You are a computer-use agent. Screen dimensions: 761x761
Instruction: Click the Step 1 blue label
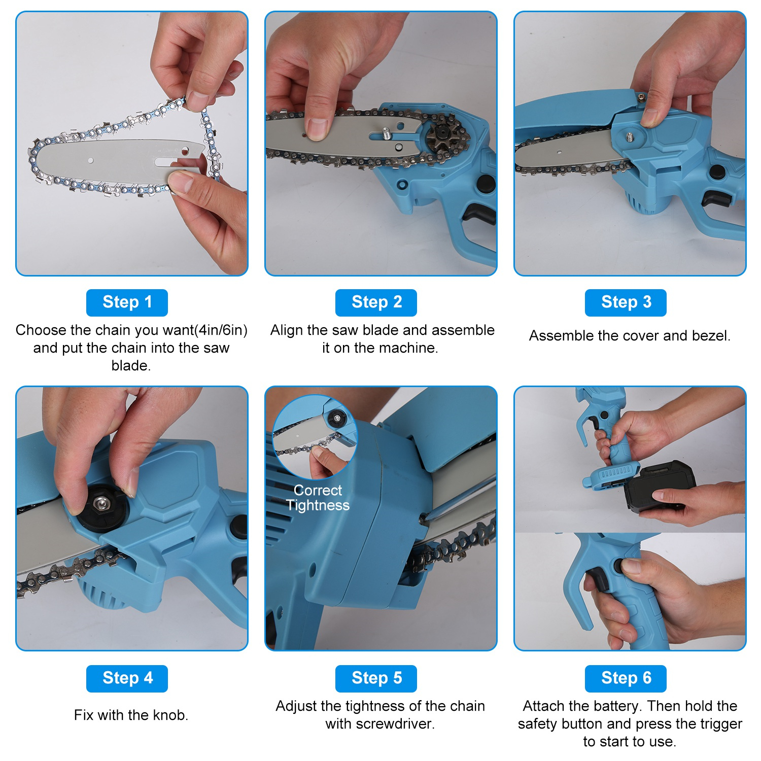click(127, 302)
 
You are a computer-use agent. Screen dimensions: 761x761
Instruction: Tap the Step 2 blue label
click(376, 302)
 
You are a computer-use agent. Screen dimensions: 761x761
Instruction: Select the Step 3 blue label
click(626, 302)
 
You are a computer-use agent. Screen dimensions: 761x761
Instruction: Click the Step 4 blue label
click(127, 678)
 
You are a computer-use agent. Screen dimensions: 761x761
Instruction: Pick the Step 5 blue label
click(376, 678)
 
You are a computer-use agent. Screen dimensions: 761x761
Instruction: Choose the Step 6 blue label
click(626, 678)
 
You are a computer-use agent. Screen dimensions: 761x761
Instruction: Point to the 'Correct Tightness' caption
click(318, 498)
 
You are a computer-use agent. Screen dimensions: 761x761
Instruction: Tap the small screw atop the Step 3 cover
click(642, 96)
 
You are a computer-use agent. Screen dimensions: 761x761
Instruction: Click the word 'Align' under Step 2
click(287, 330)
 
